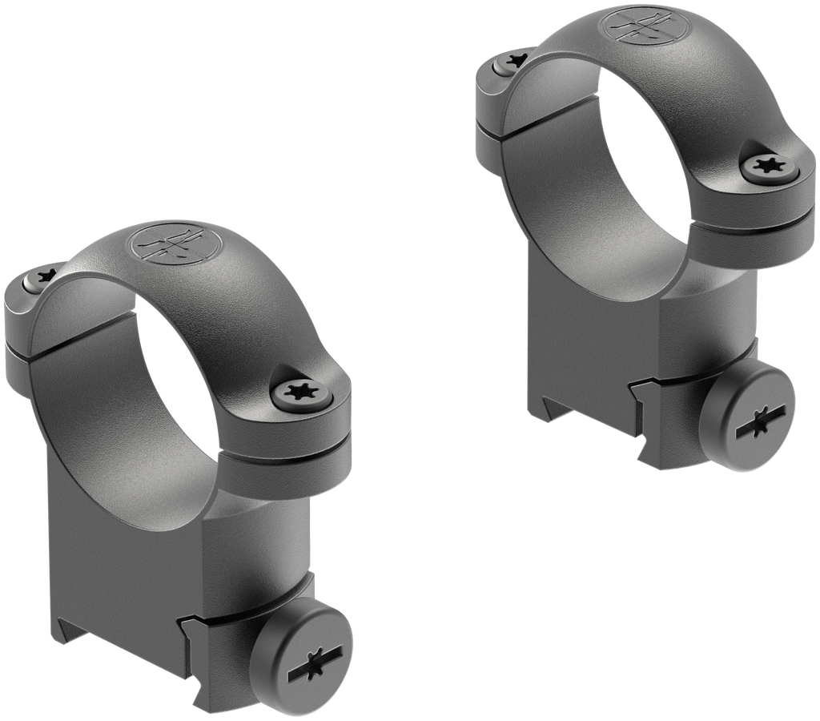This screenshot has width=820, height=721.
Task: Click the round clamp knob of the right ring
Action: click(x=754, y=420)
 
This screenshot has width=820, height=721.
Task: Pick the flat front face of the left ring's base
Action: click(x=120, y=545)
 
